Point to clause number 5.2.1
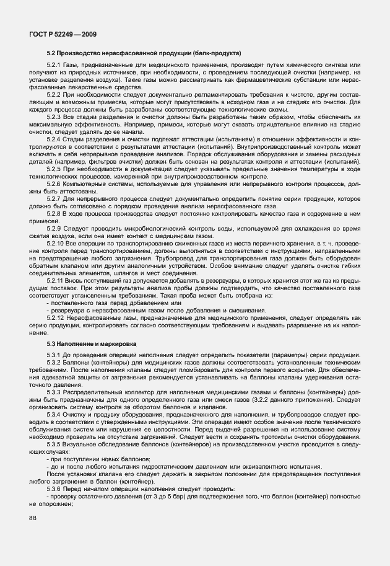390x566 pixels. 54,66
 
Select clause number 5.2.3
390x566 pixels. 54,115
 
